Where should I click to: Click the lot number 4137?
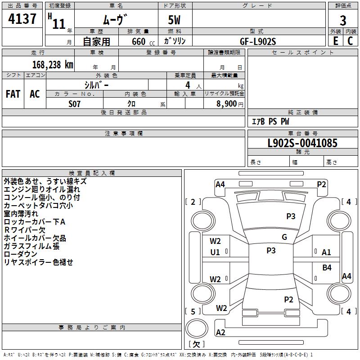pyautogui.click(x=22, y=19)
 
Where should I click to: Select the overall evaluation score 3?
pyautogui.click(x=343, y=20)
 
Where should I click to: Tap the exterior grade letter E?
pyautogui.click(x=335, y=41)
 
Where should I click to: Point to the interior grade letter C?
pyautogui.click(x=350, y=41)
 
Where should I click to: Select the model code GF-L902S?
pyautogui.click(x=258, y=41)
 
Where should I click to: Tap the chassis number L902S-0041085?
pyautogui.click(x=302, y=144)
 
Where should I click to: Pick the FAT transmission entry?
pyautogui.click(x=13, y=94)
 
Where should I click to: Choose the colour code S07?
pyautogui.click(x=75, y=103)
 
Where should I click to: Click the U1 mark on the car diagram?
pyautogui.click(x=215, y=252)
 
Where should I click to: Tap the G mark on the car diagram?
pyautogui.click(x=284, y=237)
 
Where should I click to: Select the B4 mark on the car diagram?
pyautogui.click(x=327, y=268)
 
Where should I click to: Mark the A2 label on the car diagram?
pyautogui.click(x=220, y=333)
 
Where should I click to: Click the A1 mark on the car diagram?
pyautogui.click(x=326, y=252)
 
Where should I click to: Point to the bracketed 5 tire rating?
pyautogui.click(x=193, y=311)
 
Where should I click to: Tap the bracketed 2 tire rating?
pyautogui.click(x=193, y=202)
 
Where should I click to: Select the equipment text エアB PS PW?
pyautogui.click(x=270, y=121)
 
